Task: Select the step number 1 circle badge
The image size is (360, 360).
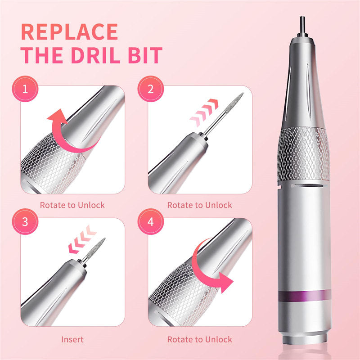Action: pos(25,88)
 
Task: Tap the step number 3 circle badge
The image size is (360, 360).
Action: pos(25,222)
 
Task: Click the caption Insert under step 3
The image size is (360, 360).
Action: pos(72,339)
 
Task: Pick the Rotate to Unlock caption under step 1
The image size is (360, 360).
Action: pos(72,205)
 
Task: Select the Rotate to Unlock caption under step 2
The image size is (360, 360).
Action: pos(200,205)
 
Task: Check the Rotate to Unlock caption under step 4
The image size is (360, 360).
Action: pos(200,339)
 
